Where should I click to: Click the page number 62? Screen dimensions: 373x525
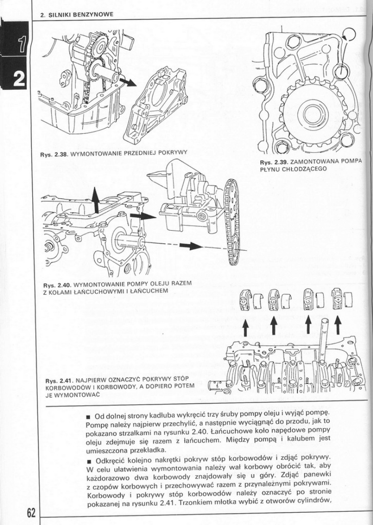click(31, 512)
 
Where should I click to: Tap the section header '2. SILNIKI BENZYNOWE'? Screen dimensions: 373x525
click(77, 14)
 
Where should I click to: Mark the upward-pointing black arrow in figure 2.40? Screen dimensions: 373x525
click(96, 200)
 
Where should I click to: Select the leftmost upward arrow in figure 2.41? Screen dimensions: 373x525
click(245, 328)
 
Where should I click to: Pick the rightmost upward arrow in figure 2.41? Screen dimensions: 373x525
click(338, 326)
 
